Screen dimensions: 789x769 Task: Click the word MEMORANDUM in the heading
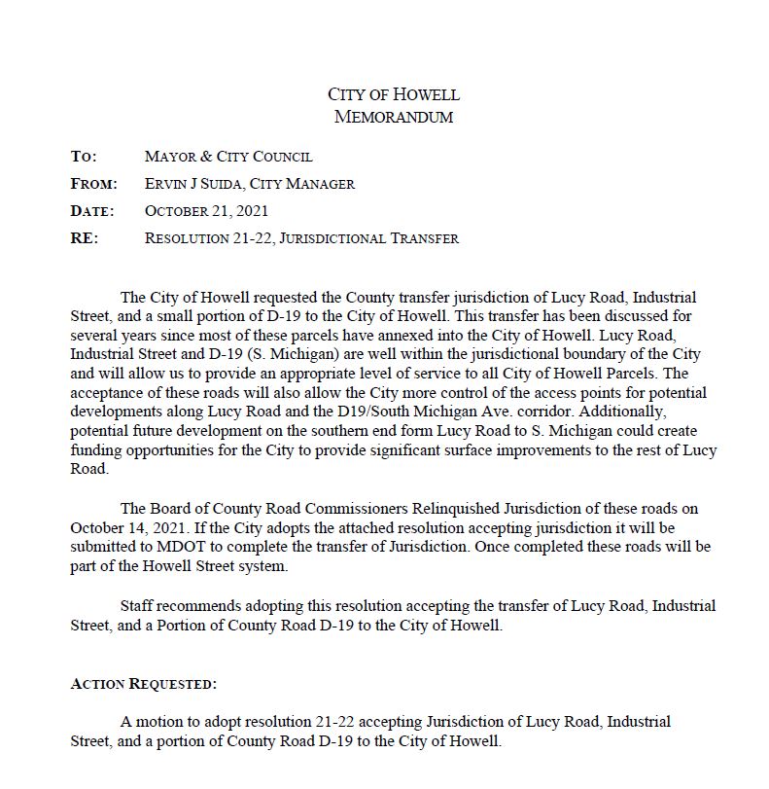pos(393,117)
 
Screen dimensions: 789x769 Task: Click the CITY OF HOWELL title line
pos(393,94)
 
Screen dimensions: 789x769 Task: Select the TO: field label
pos(84,156)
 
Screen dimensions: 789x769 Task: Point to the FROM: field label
pos(93,183)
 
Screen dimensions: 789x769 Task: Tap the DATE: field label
pos(92,210)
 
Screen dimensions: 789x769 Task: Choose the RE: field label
pos(84,237)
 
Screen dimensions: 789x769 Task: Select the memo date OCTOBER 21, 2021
pos(206,210)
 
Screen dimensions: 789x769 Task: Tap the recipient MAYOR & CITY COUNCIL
pos(228,156)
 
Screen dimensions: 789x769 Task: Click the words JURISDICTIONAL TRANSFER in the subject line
pos(368,237)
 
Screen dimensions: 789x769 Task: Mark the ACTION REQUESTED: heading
pos(144,684)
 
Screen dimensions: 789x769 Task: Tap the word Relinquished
pos(427,509)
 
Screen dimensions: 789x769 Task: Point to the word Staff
pos(137,605)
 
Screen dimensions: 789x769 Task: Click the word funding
pos(95,449)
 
